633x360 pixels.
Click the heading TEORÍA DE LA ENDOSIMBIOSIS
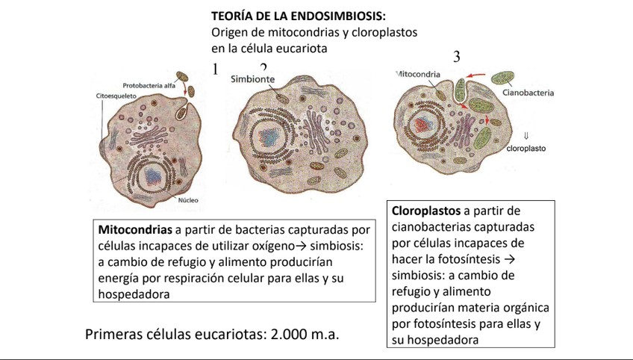click(299, 16)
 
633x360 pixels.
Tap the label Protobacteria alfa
click(149, 85)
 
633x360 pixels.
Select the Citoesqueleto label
click(115, 97)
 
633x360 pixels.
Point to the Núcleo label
click(187, 200)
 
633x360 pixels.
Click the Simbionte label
click(252, 78)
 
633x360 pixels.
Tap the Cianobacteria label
click(528, 93)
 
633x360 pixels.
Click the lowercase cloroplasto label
click(526, 149)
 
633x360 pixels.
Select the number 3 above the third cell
click(457, 58)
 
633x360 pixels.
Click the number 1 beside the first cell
click(215, 69)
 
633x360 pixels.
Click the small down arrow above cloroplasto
click(526, 136)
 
